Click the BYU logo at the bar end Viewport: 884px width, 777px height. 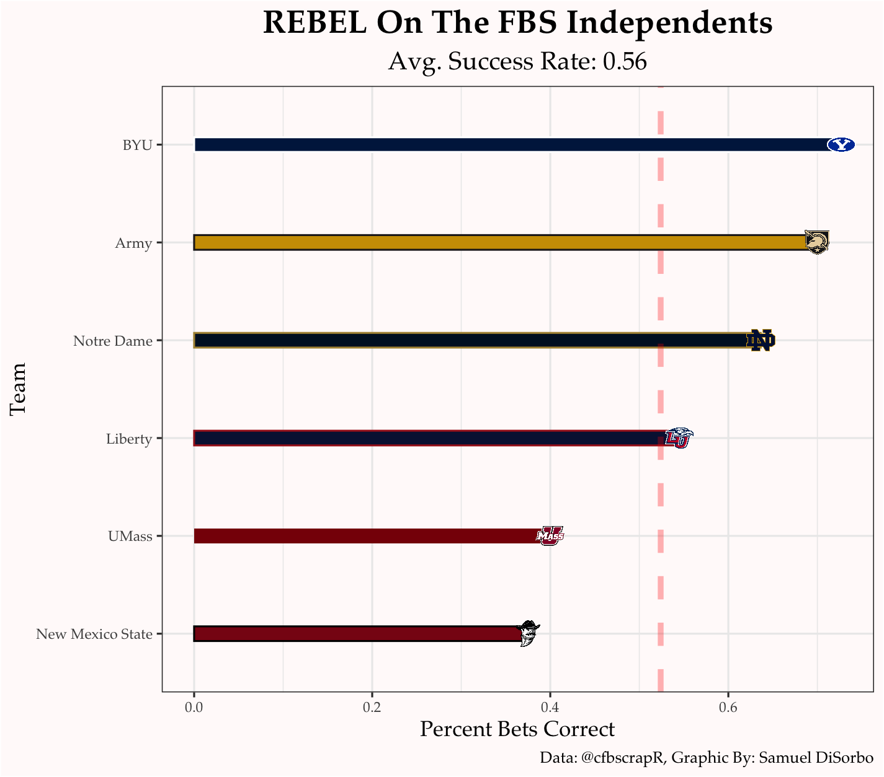point(841,144)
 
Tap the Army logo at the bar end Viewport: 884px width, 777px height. point(816,242)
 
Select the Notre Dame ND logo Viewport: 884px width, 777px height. point(761,340)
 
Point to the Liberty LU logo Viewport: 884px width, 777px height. point(679,438)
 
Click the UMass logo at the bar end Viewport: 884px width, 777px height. point(550,535)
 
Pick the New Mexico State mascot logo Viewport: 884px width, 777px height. point(529,633)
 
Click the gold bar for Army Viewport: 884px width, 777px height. point(496,242)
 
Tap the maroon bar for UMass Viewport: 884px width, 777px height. point(366,536)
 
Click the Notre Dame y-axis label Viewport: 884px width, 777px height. point(112,341)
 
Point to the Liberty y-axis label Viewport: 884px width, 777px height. point(129,439)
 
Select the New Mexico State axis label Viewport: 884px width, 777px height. point(94,634)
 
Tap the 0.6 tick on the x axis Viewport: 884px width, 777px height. point(728,707)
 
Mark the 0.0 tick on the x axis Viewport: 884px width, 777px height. point(194,707)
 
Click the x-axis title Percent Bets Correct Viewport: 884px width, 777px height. point(517,729)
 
